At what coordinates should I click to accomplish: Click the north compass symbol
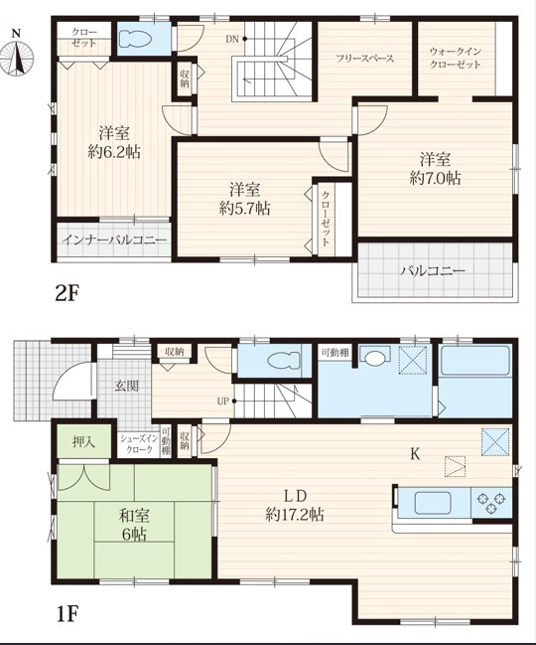[x=17, y=55]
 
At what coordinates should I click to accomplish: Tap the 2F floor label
[x=67, y=294]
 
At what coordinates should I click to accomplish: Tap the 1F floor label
[x=67, y=614]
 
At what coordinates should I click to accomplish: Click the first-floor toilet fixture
[x=283, y=361]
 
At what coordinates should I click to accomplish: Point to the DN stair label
[x=232, y=39]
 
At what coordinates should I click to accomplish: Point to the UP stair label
[x=223, y=401]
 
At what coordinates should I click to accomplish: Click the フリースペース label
[x=364, y=59]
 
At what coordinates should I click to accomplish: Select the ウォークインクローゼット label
[x=455, y=58]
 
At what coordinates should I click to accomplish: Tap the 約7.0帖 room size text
[x=435, y=178]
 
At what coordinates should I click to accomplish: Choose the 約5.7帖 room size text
[x=245, y=209]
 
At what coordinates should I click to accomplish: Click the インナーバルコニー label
[x=114, y=240]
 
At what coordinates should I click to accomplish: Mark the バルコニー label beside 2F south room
[x=434, y=270]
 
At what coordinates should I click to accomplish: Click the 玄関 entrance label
[x=126, y=386]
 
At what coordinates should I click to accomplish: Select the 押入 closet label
[x=84, y=441]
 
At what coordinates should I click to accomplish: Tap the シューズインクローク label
[x=139, y=444]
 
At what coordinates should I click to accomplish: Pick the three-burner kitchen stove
[x=490, y=503]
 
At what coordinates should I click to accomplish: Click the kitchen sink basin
[x=433, y=503]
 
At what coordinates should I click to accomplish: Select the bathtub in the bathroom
[x=475, y=361]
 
